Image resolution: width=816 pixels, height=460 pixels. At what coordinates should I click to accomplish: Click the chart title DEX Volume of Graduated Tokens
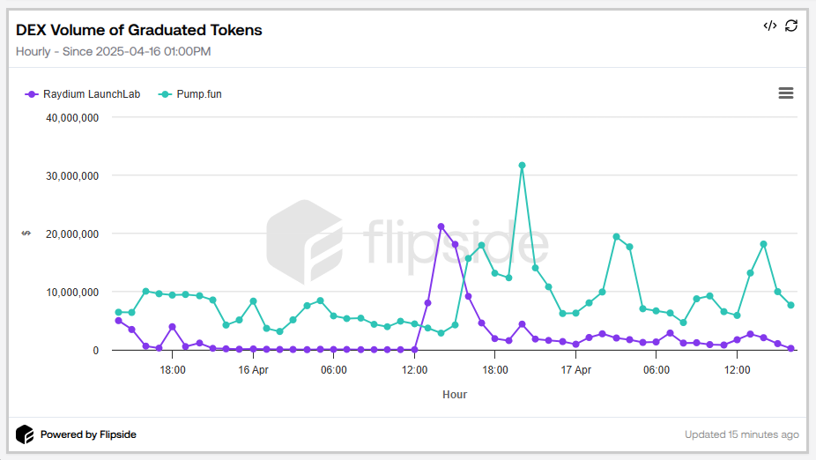[x=139, y=30]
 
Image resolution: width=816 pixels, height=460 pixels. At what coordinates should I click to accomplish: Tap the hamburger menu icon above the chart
[x=786, y=93]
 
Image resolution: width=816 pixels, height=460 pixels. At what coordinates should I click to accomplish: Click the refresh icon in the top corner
[x=791, y=26]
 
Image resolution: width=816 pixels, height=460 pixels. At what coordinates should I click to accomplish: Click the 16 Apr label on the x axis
[x=253, y=370]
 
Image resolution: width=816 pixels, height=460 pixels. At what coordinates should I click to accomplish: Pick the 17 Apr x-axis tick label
[x=576, y=370]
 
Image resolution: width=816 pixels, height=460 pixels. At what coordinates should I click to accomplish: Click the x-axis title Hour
[x=455, y=395]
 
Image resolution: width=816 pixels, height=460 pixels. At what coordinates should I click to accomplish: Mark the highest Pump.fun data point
[x=522, y=165]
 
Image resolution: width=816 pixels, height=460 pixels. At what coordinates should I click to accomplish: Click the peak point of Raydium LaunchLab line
[x=441, y=226]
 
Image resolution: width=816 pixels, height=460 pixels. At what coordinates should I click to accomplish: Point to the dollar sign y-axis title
[x=26, y=234]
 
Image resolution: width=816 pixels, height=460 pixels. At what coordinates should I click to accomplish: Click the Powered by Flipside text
[x=88, y=434]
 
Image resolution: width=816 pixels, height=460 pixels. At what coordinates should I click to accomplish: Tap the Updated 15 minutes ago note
[x=742, y=434]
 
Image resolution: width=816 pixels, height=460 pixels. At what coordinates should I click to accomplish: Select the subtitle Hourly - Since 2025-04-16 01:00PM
[x=113, y=51]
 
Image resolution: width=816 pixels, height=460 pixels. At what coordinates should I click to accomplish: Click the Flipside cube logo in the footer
[x=25, y=434]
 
